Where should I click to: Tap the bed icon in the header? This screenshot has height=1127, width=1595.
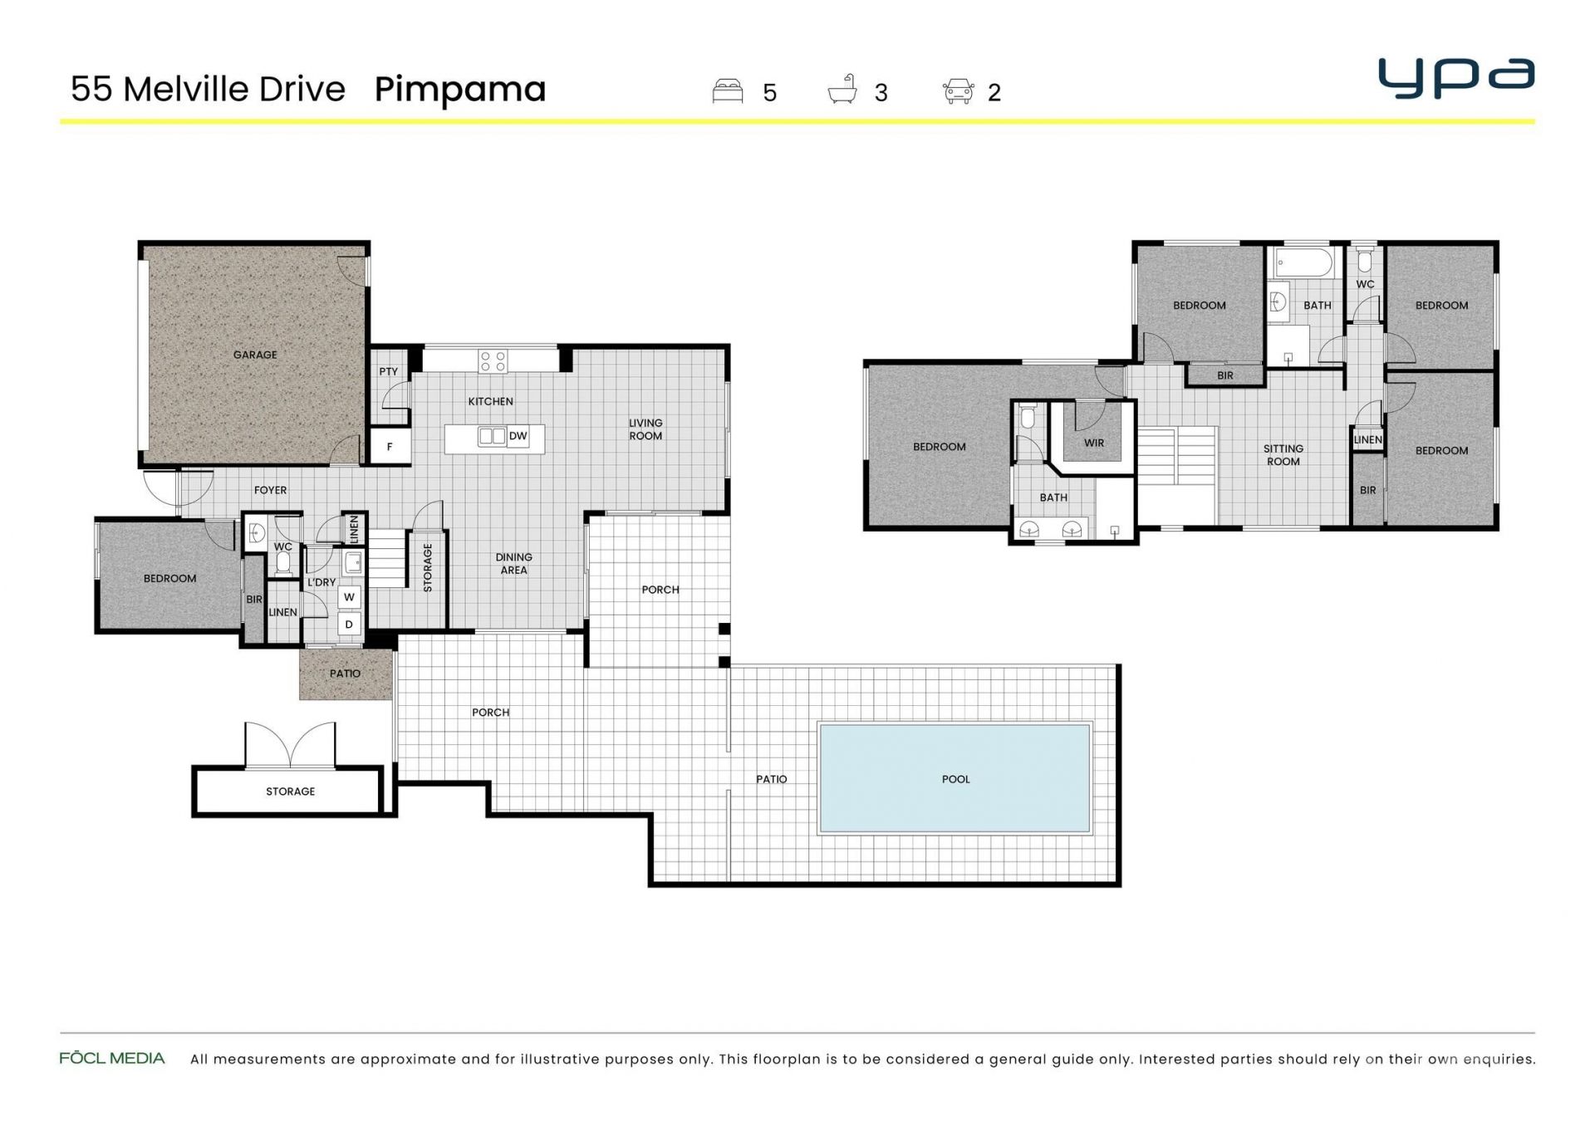(728, 91)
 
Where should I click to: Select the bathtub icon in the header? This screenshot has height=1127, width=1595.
(842, 90)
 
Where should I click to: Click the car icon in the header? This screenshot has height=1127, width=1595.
(958, 91)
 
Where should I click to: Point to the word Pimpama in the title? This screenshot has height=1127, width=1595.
(460, 90)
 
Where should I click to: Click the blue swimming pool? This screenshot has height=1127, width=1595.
(955, 778)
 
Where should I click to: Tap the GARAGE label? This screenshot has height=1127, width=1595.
(255, 355)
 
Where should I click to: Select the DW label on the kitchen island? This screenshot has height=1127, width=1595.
(518, 436)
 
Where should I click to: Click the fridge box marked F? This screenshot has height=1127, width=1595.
(390, 447)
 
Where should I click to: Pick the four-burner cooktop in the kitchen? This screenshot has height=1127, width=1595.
(493, 361)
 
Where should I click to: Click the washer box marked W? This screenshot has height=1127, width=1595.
(349, 597)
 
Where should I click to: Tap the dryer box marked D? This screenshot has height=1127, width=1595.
(349, 625)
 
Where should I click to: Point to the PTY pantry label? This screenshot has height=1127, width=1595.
(389, 371)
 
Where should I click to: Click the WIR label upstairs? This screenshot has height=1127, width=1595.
(1094, 443)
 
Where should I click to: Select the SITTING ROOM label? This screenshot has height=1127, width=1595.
(1283, 455)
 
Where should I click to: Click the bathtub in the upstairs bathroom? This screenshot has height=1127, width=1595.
(1303, 262)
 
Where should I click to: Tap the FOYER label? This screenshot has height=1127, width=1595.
(270, 490)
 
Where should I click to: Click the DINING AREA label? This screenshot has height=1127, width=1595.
(513, 563)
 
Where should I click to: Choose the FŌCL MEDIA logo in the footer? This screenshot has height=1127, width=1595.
(112, 1058)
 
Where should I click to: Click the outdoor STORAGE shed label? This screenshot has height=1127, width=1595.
(290, 791)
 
